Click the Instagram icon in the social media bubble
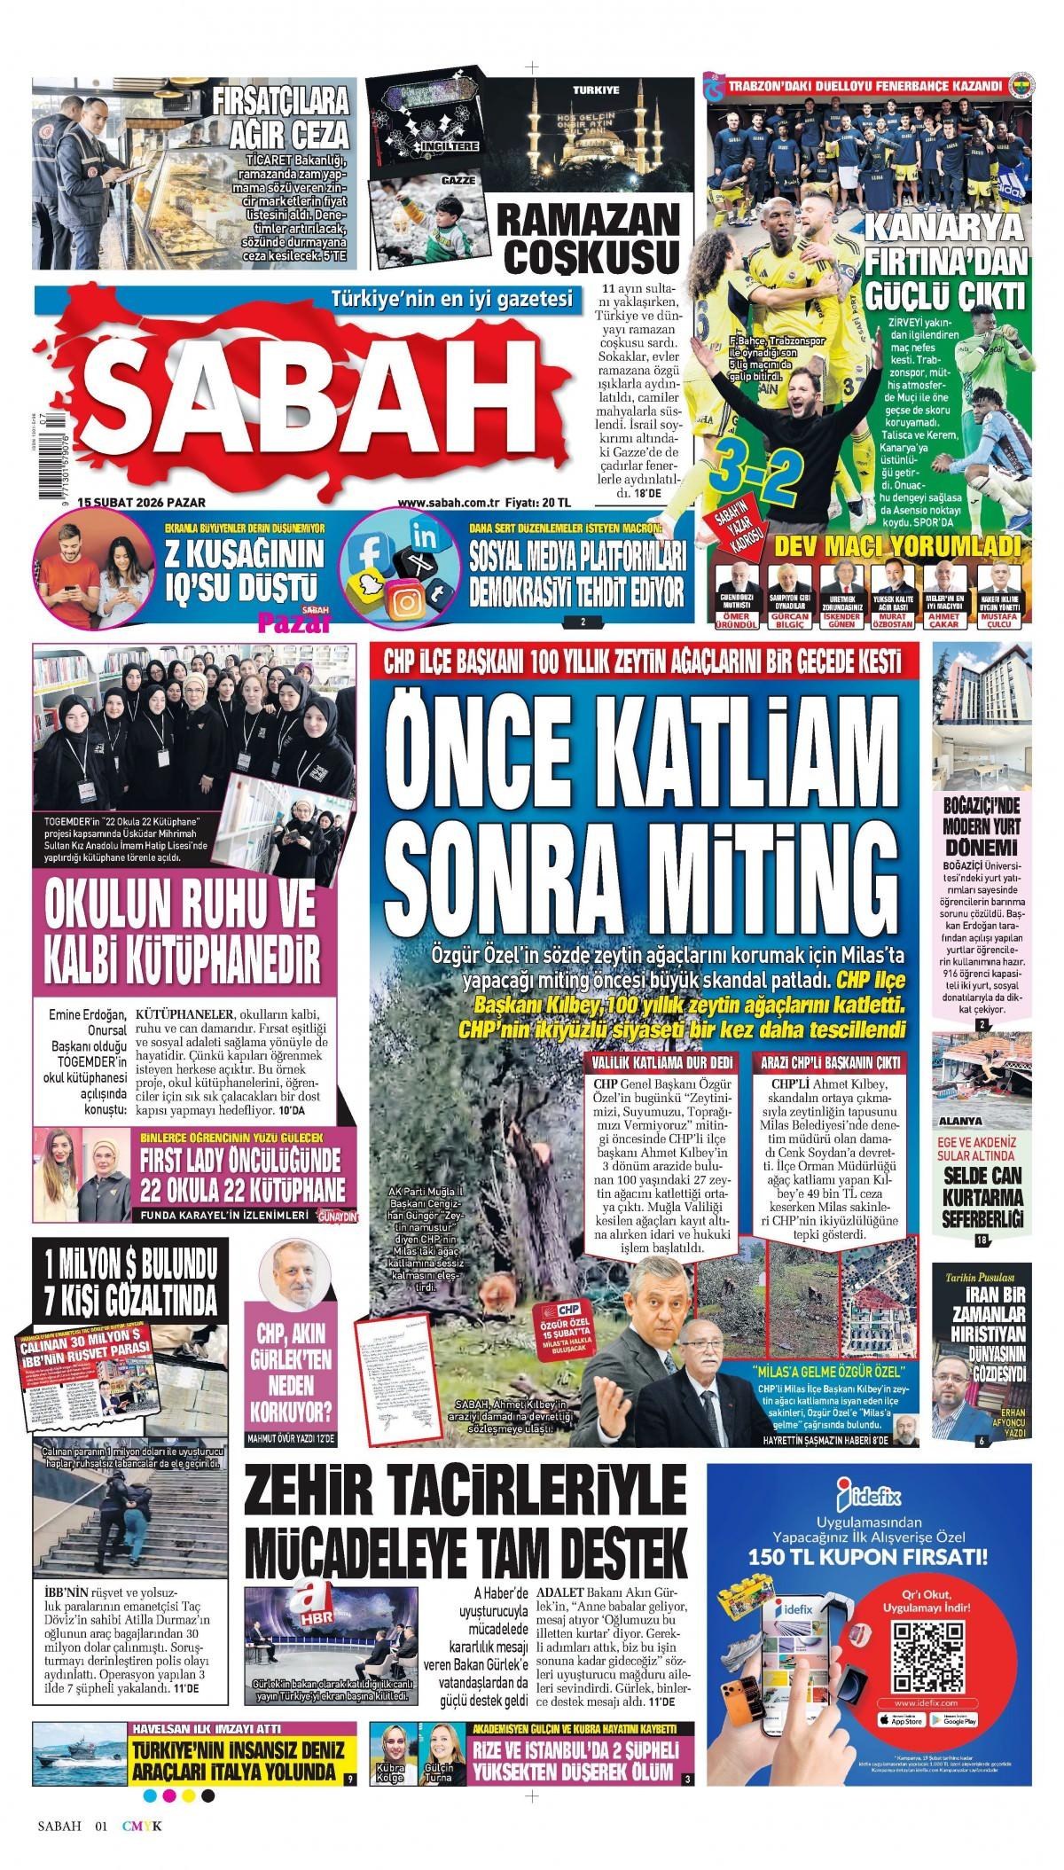click(407, 602)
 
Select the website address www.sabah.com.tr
click(442, 503)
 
